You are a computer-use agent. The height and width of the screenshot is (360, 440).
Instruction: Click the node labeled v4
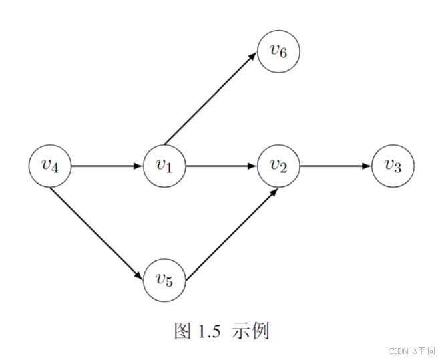50,165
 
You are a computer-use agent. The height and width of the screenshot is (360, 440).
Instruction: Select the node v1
164,165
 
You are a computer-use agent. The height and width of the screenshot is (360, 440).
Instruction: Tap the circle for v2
279,165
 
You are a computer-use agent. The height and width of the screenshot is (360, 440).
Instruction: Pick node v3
393,165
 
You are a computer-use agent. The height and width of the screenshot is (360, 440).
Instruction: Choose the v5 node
164,279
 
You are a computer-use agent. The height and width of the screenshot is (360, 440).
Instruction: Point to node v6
279,51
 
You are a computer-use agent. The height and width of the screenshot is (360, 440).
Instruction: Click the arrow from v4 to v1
107,165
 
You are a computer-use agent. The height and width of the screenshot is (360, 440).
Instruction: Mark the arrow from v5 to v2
230,234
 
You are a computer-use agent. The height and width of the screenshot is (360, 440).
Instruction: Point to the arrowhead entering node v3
367,165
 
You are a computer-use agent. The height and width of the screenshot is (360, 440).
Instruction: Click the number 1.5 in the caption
207,331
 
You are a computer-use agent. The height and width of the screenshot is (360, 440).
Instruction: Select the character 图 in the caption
183,331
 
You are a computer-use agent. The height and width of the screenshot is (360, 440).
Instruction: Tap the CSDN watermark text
399,350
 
